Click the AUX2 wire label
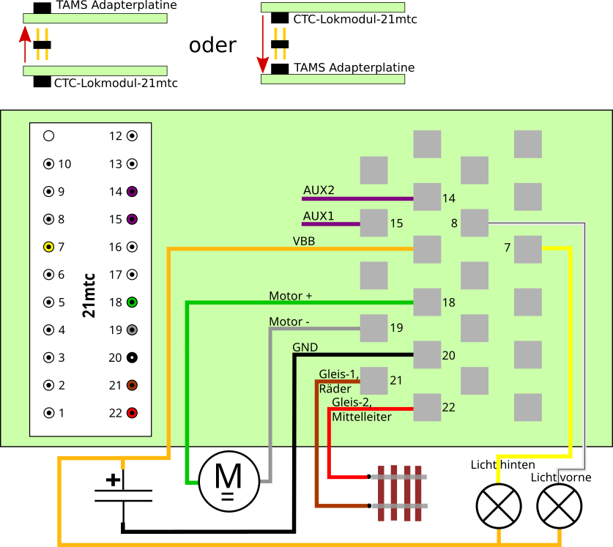[319, 190]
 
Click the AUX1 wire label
[319, 217]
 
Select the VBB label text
[304, 241]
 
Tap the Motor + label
[290, 296]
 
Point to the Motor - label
[289, 321]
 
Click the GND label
[305, 347]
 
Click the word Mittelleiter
[362, 417]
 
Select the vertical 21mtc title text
[89, 295]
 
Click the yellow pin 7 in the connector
[48, 247]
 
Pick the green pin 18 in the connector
[132, 302]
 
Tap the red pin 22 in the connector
[132, 413]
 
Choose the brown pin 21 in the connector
[132, 385]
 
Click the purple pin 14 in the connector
[132, 191]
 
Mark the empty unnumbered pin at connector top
[48, 135]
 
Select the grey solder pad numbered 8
[475, 223]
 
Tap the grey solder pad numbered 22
[427, 408]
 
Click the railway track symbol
[399, 492]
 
